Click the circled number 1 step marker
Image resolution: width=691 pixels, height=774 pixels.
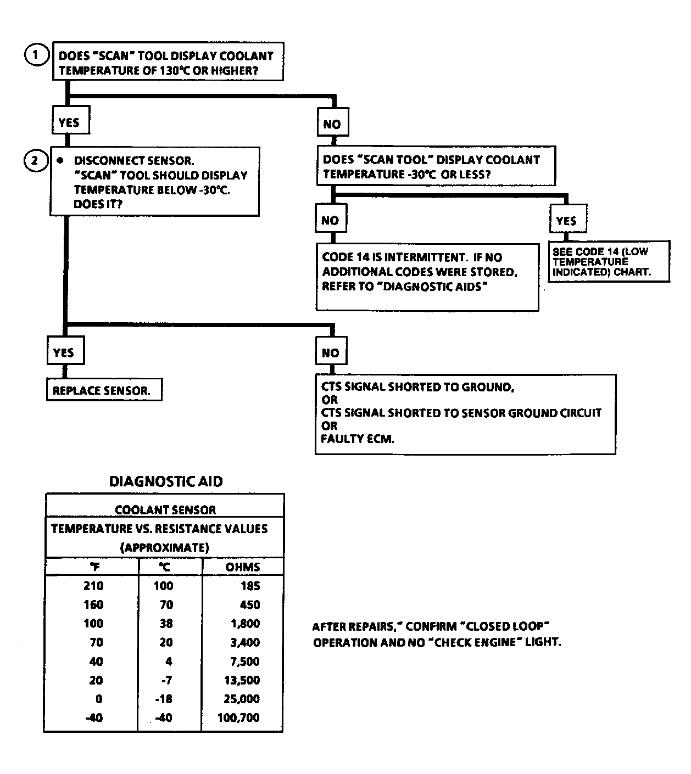coord(37,55)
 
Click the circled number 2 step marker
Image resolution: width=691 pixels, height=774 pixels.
coord(36,160)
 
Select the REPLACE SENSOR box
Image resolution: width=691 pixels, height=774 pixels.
coord(104,391)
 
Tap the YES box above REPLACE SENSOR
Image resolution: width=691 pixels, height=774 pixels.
coord(65,352)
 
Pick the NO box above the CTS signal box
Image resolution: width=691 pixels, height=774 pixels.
coord(331,353)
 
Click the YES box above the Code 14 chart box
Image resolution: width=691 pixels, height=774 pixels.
coord(567,221)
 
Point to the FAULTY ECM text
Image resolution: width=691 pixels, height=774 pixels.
coord(358,439)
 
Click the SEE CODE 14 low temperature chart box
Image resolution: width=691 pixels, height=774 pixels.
coord(609,262)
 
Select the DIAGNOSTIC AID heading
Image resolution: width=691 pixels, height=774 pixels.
coord(166,481)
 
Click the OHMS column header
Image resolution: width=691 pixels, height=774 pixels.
coord(243,567)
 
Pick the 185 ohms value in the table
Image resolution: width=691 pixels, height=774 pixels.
coord(250,586)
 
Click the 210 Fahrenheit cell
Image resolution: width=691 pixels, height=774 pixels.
coord(93,586)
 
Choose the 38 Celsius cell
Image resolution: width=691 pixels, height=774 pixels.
coord(165,624)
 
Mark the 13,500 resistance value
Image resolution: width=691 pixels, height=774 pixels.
coord(242,680)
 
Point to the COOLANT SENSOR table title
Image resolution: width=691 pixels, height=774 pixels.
coord(165,510)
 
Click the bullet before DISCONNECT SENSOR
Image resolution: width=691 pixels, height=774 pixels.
coord(61,160)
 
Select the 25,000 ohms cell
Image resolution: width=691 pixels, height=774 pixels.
coord(242,699)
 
